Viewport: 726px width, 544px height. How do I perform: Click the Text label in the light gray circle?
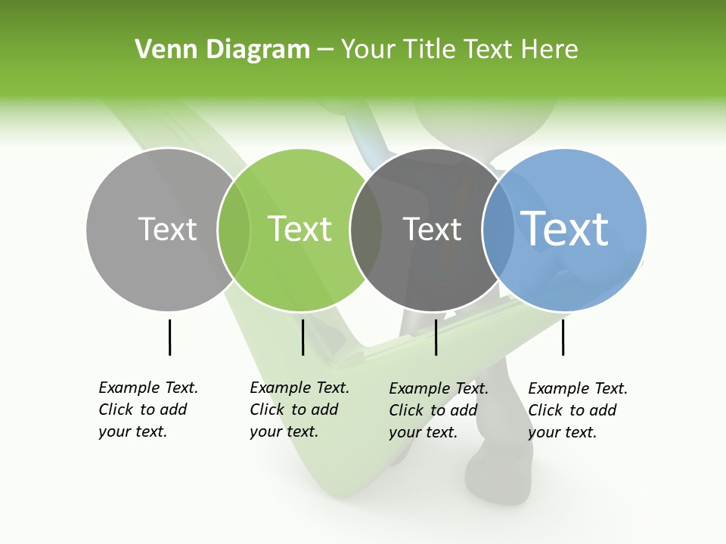coord(167,229)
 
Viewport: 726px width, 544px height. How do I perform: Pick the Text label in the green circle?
coord(300,229)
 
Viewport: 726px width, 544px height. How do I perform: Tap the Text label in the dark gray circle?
coord(432,230)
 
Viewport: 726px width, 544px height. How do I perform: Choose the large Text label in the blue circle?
coord(565,229)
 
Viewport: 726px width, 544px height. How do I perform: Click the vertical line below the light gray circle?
coord(169,337)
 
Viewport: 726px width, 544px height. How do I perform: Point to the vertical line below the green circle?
coord(302,337)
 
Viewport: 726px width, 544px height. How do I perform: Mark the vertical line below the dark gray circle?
coord(436,337)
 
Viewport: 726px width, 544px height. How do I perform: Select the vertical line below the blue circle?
coord(563,337)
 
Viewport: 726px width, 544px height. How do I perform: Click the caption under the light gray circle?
coord(147,410)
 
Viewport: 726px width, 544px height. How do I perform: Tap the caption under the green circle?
coord(299,410)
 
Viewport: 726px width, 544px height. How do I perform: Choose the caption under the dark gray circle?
coord(438,410)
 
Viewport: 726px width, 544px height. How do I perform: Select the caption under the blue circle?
coord(577,410)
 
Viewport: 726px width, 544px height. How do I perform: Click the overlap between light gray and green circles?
coord(234,229)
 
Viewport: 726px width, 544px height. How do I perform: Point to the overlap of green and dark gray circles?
coord(366,229)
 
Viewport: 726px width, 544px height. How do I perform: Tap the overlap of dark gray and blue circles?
coord(498,229)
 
